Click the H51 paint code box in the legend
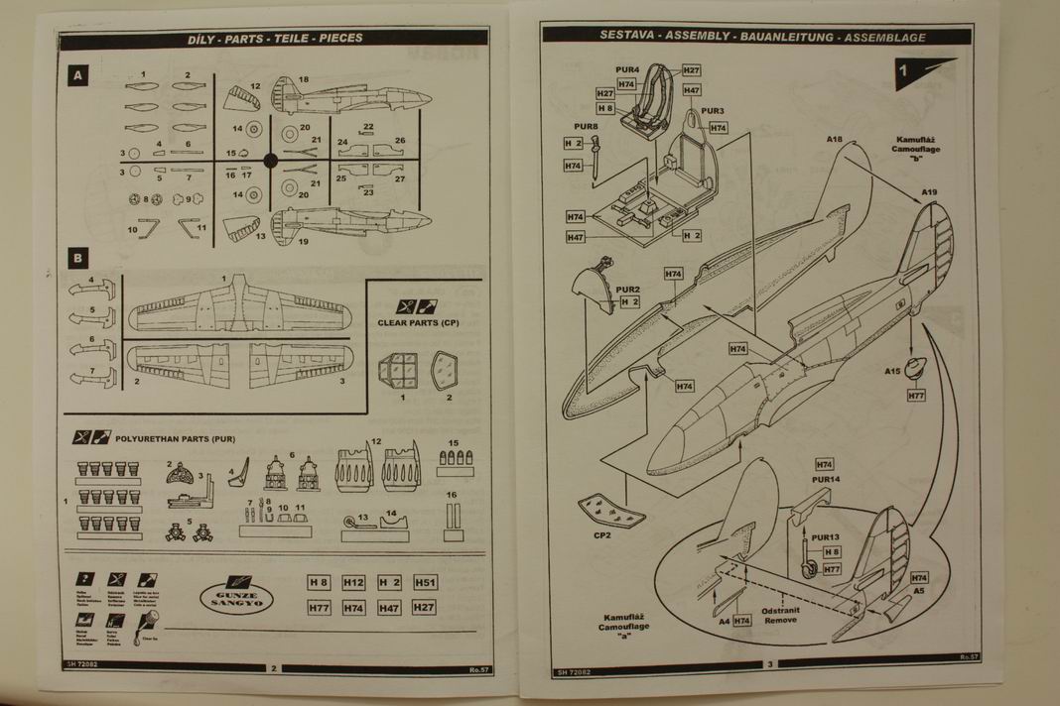point(425,583)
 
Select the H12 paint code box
point(354,583)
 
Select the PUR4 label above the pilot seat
point(627,69)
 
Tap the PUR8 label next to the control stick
point(586,128)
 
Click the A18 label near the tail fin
point(834,140)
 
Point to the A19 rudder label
point(929,191)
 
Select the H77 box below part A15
point(916,396)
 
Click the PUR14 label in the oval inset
point(826,480)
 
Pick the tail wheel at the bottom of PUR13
point(810,571)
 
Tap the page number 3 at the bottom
point(767,664)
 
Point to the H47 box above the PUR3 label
point(692,90)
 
